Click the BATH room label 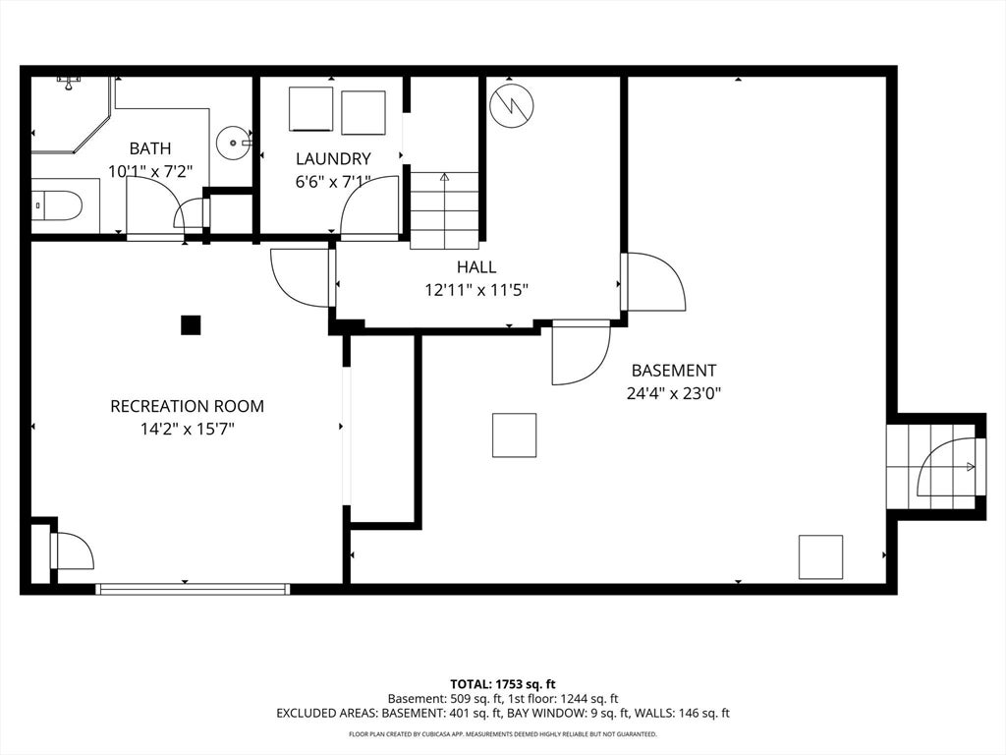pos(150,148)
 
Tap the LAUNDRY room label pos(333,158)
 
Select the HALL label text pos(476,266)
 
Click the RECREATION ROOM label pos(188,406)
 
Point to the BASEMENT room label pos(674,371)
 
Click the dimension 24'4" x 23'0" pos(674,393)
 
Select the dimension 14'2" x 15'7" pos(188,429)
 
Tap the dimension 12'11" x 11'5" pos(476,290)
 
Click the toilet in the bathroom pos(57,206)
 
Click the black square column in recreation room pos(191,325)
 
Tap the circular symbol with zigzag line pos(511,105)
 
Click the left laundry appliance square pos(310,109)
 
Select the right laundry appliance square pos(363,113)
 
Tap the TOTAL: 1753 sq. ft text pos(502,684)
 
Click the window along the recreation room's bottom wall pos(193,589)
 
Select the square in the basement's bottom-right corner pos(820,557)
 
